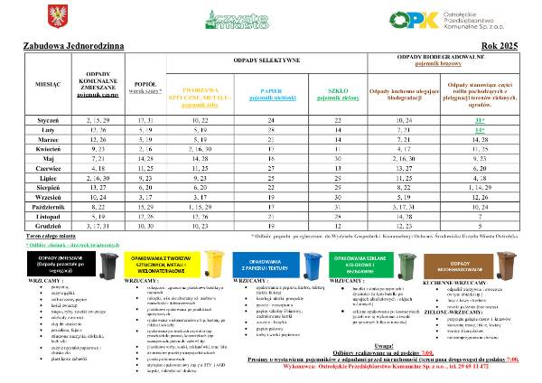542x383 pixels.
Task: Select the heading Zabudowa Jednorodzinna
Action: [62, 42]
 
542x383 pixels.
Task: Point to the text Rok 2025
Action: [501, 42]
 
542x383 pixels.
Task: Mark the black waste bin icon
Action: [109, 264]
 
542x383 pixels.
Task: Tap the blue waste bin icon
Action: [313, 264]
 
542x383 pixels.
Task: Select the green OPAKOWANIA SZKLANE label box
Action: [366, 263]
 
